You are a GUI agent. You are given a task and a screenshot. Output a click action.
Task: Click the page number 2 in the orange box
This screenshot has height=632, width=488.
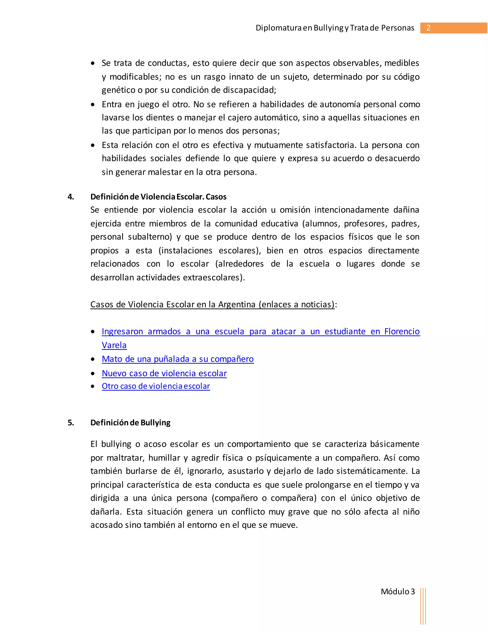[x=428, y=28]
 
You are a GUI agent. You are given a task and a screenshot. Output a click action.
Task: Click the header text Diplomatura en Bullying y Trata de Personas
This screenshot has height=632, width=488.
[x=335, y=28]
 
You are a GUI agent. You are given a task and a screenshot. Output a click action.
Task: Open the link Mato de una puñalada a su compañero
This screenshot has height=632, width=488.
[x=178, y=359]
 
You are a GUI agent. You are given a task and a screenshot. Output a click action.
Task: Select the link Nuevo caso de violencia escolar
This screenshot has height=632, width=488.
[x=164, y=373]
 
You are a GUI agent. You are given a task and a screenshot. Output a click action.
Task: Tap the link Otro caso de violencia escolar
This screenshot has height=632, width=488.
[x=156, y=386]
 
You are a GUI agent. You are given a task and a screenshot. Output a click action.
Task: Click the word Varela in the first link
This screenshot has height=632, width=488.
[x=114, y=345]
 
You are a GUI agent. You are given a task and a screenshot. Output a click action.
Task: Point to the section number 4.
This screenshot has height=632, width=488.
[x=71, y=197]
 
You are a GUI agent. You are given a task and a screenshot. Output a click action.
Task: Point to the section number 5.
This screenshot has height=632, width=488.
[x=71, y=423]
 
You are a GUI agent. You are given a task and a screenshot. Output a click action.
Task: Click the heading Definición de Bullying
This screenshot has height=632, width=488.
[x=130, y=423]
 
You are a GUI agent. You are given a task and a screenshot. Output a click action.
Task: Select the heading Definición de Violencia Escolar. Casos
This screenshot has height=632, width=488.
[x=158, y=197]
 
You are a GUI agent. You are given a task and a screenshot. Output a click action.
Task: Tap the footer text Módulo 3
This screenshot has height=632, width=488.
[x=397, y=592]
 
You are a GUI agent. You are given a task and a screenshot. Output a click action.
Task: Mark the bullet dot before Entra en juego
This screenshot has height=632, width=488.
[x=92, y=104]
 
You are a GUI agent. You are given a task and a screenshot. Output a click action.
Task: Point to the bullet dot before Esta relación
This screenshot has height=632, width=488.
[x=92, y=145]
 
